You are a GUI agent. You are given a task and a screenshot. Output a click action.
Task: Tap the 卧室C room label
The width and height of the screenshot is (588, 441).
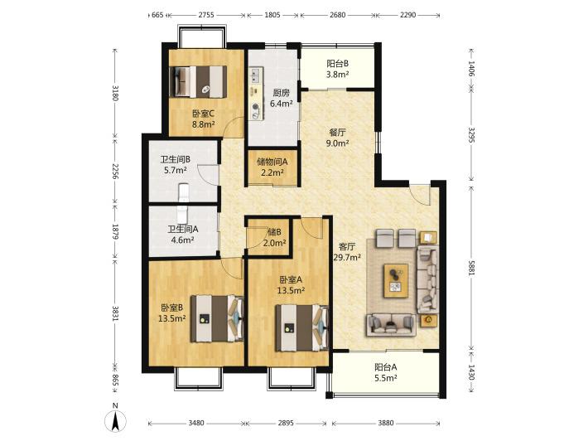[x=203, y=114]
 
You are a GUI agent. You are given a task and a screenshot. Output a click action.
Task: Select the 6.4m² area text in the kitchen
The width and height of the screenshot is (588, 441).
[x=281, y=104]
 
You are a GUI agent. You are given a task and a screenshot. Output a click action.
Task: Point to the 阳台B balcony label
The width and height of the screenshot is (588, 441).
[x=337, y=64]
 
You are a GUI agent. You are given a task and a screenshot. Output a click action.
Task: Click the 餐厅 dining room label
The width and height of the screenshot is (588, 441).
[x=338, y=132]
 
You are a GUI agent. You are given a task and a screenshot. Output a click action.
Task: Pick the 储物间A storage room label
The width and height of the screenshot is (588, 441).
[x=272, y=162]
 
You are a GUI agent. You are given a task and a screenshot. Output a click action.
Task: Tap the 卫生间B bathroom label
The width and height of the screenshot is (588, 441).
[x=175, y=159]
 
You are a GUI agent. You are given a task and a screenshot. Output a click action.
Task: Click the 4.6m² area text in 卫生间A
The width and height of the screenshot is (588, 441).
[x=182, y=240]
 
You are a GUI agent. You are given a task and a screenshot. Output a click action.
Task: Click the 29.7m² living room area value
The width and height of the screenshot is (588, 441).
[x=347, y=258]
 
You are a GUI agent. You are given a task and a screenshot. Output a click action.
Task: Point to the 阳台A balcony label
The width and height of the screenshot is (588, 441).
[x=385, y=367]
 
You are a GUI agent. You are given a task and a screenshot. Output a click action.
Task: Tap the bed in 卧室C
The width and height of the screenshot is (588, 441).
[x=199, y=82]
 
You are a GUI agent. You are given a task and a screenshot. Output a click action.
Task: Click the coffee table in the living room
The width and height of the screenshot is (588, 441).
[x=396, y=281]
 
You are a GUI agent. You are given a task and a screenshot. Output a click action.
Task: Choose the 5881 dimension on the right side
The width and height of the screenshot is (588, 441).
[x=471, y=267]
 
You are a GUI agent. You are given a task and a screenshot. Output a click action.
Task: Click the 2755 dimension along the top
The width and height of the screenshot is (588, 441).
[x=206, y=15]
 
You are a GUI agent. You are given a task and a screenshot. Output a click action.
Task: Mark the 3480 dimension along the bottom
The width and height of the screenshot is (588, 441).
[x=195, y=423]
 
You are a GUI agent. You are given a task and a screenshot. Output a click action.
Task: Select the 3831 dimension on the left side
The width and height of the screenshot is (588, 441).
[x=115, y=314]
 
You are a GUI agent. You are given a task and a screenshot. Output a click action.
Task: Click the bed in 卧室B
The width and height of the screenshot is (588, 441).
[x=217, y=318]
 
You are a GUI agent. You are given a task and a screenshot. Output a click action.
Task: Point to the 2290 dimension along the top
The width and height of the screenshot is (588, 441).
[x=407, y=15]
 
